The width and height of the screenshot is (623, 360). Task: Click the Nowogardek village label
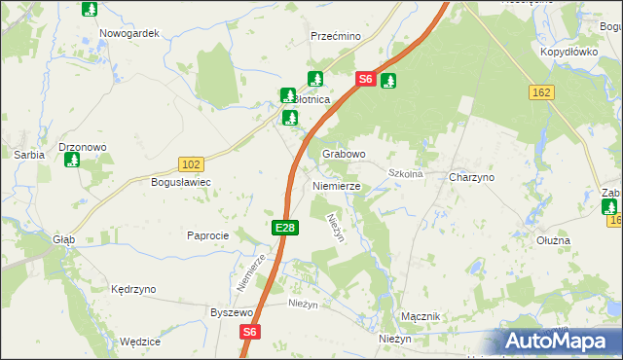click(128, 33)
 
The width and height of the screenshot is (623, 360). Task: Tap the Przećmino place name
click(336, 36)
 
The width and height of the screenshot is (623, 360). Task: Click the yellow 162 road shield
click(542, 91)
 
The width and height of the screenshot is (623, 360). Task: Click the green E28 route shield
click(284, 227)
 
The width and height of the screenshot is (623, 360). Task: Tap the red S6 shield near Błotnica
click(365, 80)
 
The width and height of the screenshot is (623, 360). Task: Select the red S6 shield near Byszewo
click(250, 332)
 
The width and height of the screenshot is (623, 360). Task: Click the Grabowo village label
click(344, 154)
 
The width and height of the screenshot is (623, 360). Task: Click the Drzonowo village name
click(83, 147)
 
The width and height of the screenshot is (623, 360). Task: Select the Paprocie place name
click(207, 235)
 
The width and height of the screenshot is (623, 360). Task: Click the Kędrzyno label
click(133, 289)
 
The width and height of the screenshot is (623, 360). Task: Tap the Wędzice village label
click(139, 342)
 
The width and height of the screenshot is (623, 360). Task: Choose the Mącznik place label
click(421, 317)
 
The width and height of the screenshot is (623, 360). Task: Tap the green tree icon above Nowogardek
click(90, 10)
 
